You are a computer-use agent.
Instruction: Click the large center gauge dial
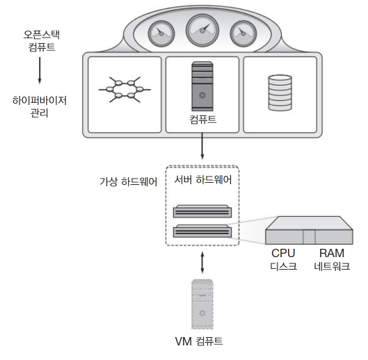tap(202, 31)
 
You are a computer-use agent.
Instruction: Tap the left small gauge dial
tap(161, 33)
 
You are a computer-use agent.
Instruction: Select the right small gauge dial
tap(243, 33)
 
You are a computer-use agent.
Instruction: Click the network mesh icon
tap(125, 90)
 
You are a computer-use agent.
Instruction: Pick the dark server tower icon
tap(202, 86)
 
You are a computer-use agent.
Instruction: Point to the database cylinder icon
tap(280, 92)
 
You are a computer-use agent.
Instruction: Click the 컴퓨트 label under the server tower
tap(202, 120)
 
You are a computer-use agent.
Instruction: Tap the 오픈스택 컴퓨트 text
tap(42, 41)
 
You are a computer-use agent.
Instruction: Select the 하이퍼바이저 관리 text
tap(40, 107)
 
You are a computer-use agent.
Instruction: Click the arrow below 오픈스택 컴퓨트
tap(40, 70)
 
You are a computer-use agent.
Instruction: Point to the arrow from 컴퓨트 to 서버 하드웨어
tap(202, 147)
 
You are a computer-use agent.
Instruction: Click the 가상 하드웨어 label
tap(129, 182)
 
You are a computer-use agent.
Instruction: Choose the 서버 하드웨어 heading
tap(202, 180)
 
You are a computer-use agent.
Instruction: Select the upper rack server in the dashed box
tap(202, 211)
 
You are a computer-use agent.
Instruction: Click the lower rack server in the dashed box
tap(202, 231)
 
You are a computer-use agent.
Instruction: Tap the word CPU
tap(283, 253)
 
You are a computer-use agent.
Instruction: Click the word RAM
tap(332, 253)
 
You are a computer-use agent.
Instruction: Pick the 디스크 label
tap(284, 266)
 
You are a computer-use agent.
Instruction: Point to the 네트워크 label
tap(332, 266)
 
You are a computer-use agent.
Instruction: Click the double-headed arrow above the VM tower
tap(202, 263)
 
